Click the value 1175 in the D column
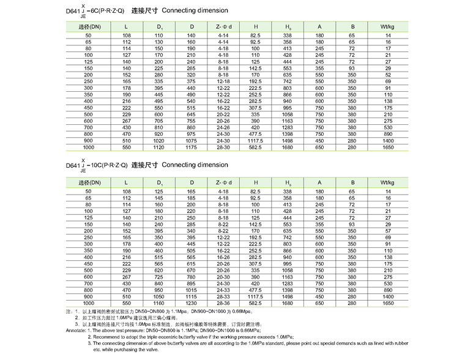(192, 147)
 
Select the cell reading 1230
(192, 302)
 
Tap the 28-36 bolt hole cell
(223, 302)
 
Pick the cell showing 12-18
(223, 81)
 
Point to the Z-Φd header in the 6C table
(223, 27)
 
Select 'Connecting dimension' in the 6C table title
(196, 10)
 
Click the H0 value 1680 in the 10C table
(288, 302)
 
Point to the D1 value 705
(160, 121)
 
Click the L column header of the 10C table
(127, 182)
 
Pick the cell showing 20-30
(223, 276)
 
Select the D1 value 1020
(160, 140)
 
